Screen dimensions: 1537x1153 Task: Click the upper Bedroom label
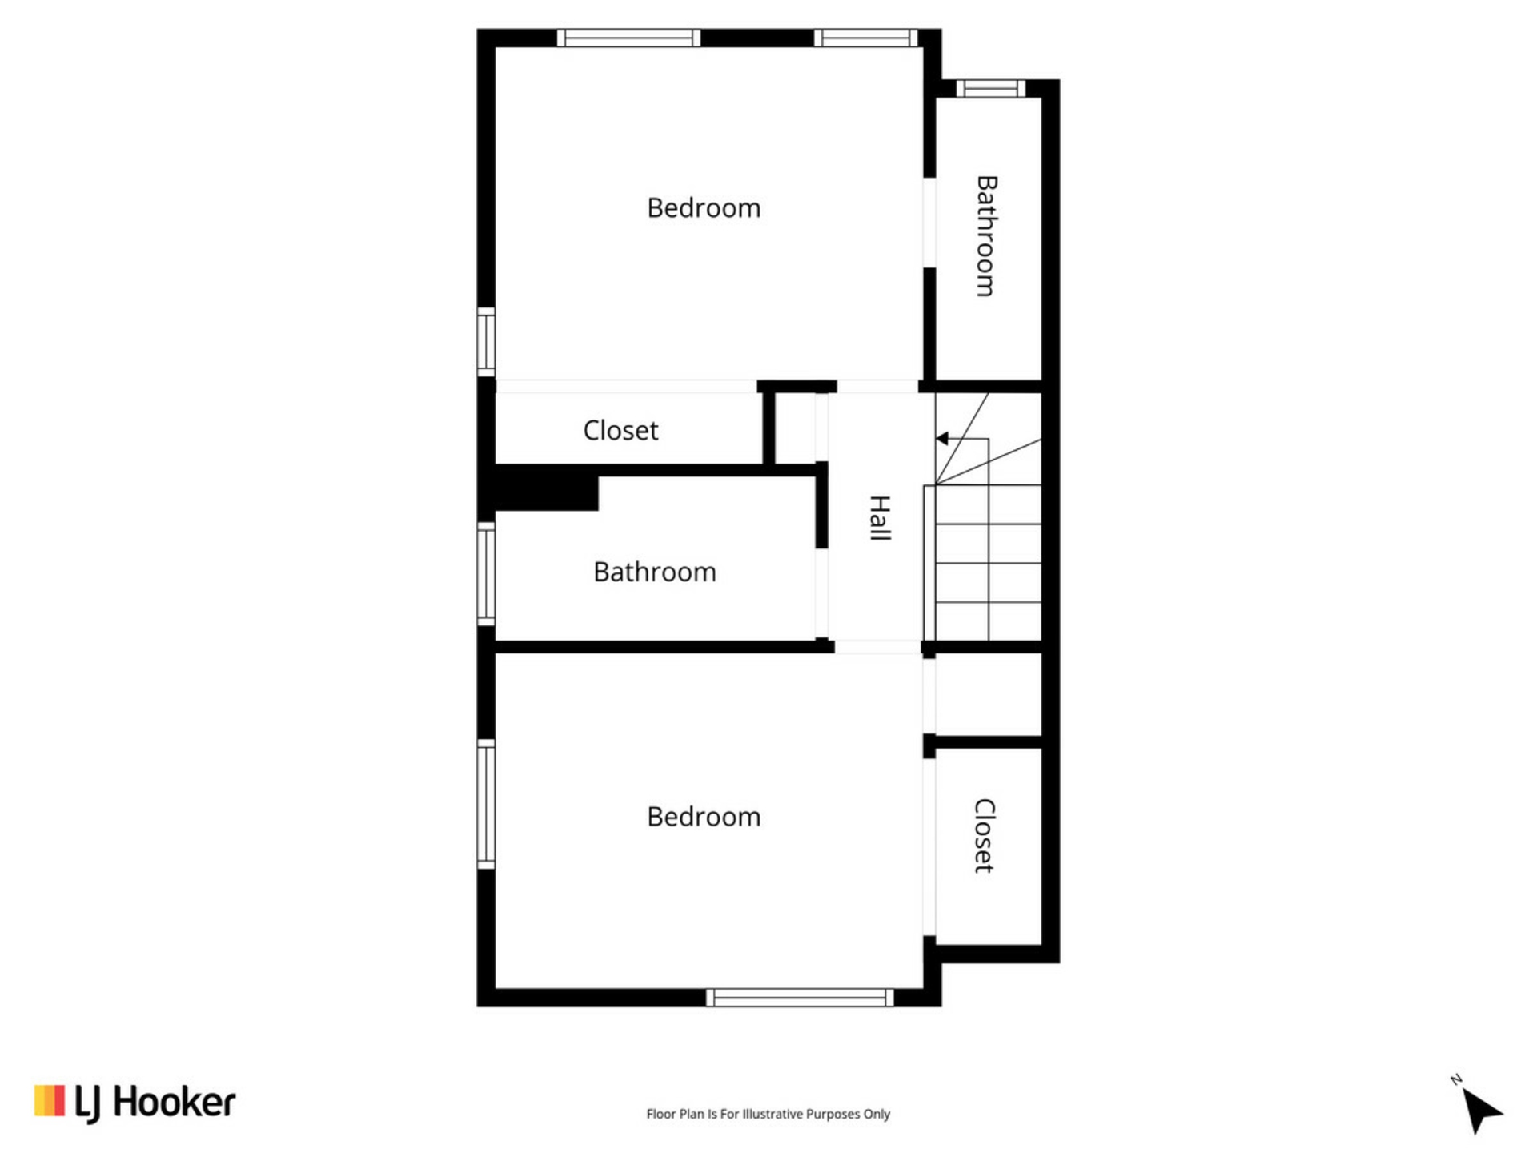pos(704,208)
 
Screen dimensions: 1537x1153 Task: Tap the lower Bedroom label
pos(704,817)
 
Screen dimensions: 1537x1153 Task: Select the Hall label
pos(880,518)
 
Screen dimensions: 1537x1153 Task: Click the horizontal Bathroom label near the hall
pos(655,572)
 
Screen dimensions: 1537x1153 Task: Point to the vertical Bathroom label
pos(986,236)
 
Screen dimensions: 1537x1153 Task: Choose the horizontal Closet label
pos(620,431)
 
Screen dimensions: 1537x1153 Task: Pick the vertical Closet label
pos(984,835)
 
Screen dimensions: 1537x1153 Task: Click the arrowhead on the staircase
pos(942,438)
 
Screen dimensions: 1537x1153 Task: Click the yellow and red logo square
pos(49,1100)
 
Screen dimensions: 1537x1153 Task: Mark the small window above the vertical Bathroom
pos(991,88)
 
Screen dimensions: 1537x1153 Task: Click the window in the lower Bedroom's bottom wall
pos(800,998)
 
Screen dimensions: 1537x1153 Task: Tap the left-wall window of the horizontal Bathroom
pos(486,573)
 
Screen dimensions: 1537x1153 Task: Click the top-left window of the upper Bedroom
pos(628,38)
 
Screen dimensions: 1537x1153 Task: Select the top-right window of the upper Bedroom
pos(866,38)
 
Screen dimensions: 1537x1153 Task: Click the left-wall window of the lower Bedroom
pos(486,804)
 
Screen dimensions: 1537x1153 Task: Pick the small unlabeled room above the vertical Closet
pos(989,694)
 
